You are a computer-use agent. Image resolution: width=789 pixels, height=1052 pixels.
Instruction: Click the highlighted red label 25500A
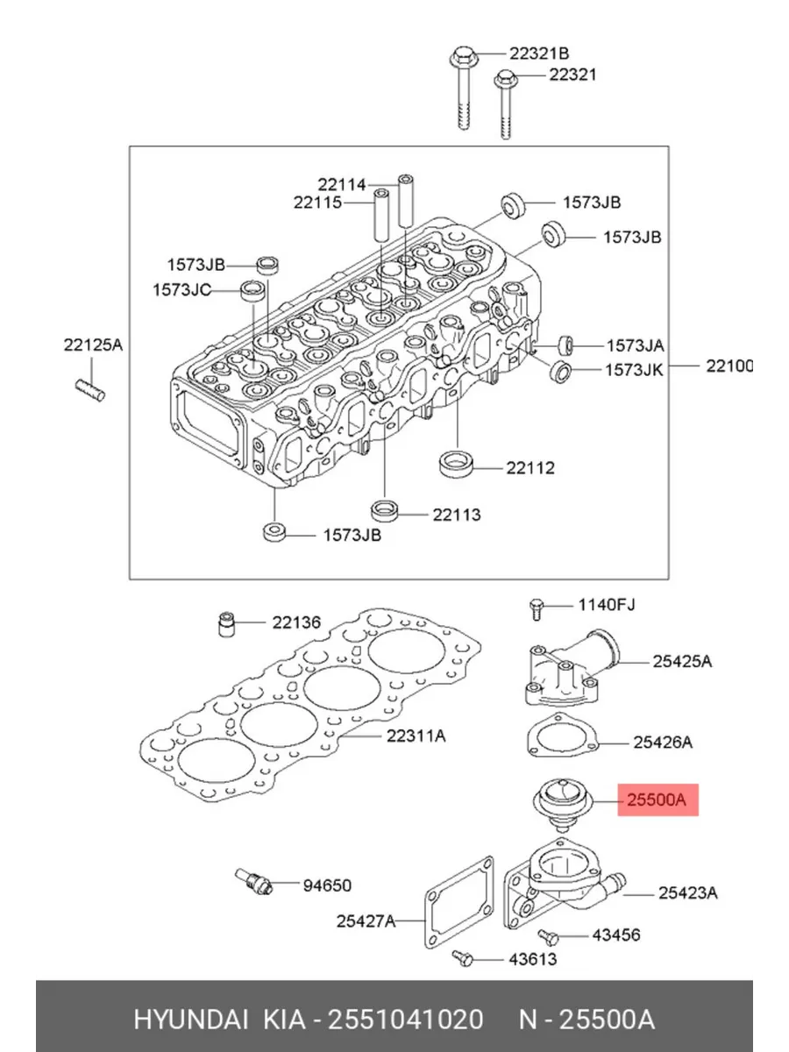pos(657,800)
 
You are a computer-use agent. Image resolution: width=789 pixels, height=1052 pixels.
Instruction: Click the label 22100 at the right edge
pos(729,366)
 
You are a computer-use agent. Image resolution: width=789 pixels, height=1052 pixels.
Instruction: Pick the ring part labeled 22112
pos(455,464)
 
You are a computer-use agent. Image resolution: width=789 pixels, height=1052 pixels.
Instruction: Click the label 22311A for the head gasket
pos(416,736)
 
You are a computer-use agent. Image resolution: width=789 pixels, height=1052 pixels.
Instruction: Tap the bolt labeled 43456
pos(548,935)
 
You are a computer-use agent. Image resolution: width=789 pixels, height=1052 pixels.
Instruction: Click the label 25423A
pos(688,892)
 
